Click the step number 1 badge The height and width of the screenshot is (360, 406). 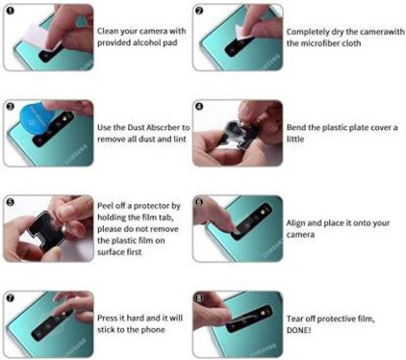pos(10,11)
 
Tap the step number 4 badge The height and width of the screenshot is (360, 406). pos(199,106)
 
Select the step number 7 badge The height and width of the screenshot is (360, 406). pos(10,298)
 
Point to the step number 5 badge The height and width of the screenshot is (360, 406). pos(10,202)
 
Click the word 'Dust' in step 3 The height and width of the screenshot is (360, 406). pos(136,128)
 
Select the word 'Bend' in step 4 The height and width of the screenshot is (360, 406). pos(296,128)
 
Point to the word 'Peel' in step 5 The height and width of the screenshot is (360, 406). pos(106,205)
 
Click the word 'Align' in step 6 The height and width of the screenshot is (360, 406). pos(296,223)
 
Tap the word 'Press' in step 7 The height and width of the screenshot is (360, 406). pos(107,318)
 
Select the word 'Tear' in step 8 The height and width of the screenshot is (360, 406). pos(295,319)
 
